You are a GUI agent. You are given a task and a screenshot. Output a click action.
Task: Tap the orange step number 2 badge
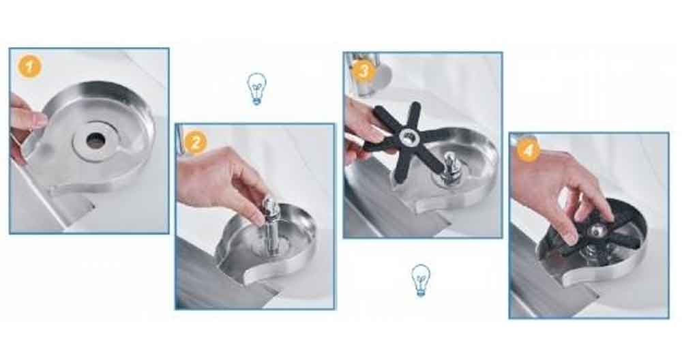[196, 142]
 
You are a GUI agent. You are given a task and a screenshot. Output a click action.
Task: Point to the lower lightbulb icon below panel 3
[420, 280]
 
